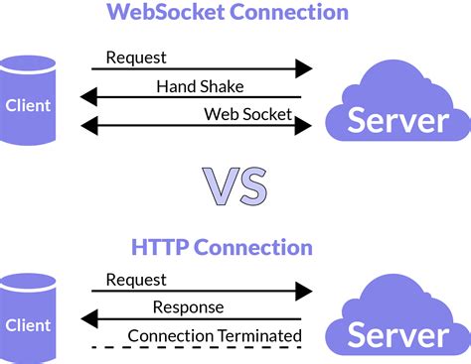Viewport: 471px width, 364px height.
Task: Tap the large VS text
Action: click(235, 184)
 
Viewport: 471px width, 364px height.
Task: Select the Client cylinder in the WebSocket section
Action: click(28, 99)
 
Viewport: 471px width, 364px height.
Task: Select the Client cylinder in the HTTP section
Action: click(28, 318)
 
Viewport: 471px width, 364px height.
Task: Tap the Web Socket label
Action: click(248, 114)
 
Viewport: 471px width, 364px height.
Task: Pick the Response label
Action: click(189, 307)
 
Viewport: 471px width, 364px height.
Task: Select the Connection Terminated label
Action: click(215, 335)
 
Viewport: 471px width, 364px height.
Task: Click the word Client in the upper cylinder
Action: click(28, 103)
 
